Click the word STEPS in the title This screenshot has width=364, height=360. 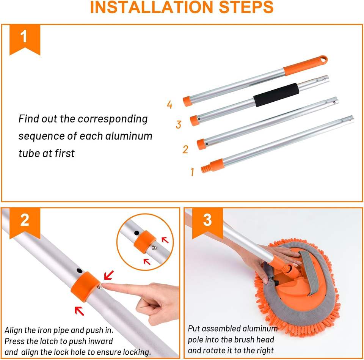[x=246, y=7]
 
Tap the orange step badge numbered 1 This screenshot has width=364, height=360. [x=25, y=39]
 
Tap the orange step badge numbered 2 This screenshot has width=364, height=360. [x=25, y=223]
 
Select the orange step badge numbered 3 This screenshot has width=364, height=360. [x=207, y=223]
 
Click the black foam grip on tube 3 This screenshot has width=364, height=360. [x=276, y=95]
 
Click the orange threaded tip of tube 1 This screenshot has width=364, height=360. [x=206, y=168]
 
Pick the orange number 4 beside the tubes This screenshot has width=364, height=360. [x=170, y=105]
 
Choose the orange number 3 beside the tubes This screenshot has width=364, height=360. [x=179, y=124]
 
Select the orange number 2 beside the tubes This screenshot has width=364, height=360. [x=185, y=149]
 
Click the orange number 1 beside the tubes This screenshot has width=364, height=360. [x=192, y=172]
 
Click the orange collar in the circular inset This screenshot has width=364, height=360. [x=144, y=242]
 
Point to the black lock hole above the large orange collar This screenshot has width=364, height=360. [x=80, y=271]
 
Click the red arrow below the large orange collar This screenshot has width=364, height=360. [x=79, y=311]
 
